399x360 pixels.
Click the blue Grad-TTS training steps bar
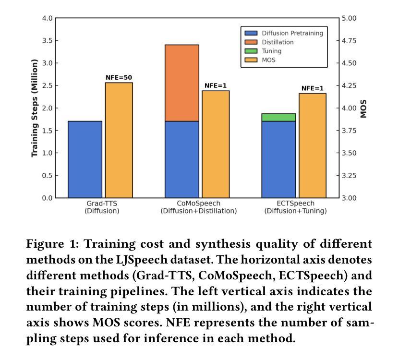[85, 159]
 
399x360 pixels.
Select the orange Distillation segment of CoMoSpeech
[181, 83]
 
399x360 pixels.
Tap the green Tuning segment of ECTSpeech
[278, 117]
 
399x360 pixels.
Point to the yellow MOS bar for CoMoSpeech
[216, 144]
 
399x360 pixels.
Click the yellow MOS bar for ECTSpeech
[313, 145]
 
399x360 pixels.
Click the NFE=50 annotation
[119, 77]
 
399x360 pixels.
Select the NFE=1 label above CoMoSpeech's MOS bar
[216, 85]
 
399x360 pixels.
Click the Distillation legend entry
[278, 42]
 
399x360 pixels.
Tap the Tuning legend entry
[271, 51]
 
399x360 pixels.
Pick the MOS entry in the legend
[268, 60]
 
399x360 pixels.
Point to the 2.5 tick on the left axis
[48, 85]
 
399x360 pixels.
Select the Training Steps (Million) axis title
[34, 108]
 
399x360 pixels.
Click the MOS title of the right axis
[364, 108]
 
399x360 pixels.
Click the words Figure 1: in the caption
[53, 244]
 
